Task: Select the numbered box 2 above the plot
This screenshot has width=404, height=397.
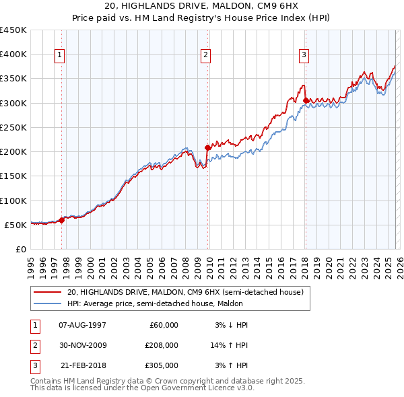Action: (x=205, y=55)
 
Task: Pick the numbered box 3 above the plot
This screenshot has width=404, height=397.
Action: (x=304, y=55)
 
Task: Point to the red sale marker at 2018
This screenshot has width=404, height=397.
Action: (x=306, y=101)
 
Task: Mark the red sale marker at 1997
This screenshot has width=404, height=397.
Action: (x=61, y=219)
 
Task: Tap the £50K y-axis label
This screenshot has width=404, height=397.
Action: (x=16, y=225)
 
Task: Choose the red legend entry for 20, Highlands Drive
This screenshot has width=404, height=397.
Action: (x=186, y=292)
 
